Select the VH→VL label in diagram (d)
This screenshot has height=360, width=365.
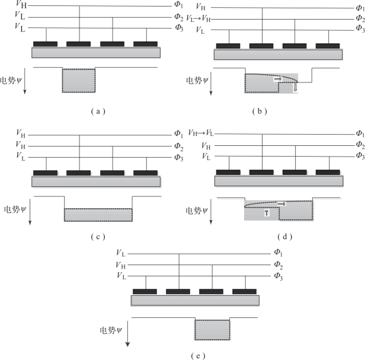point(201,133)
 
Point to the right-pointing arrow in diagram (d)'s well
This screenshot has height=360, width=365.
point(281,203)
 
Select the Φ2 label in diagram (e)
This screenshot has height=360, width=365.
point(278,265)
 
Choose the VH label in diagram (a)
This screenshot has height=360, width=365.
point(20,6)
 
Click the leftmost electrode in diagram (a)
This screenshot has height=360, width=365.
point(45,43)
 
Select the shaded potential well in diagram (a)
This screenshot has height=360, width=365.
point(79,80)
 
